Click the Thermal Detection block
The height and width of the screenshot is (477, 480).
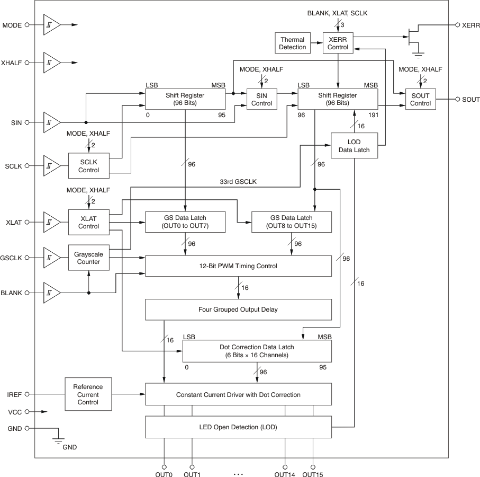293,43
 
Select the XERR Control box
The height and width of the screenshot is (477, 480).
338,43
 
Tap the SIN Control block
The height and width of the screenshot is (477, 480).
261,99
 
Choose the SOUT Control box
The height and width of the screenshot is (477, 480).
421,99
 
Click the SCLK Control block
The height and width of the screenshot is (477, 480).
88,166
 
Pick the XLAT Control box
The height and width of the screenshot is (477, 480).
88,222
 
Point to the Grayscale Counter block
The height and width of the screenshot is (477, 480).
88,258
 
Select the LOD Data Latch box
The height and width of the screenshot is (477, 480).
354,146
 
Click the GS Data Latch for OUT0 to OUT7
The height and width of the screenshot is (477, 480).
185,222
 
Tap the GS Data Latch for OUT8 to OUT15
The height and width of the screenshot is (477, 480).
292,222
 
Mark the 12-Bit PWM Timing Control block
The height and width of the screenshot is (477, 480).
238,266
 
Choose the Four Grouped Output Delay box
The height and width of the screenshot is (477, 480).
238,310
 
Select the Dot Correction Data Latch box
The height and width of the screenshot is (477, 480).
257,350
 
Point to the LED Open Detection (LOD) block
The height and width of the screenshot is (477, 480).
238,427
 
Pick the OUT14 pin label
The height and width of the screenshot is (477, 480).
285,474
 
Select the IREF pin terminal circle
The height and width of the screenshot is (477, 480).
27,394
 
